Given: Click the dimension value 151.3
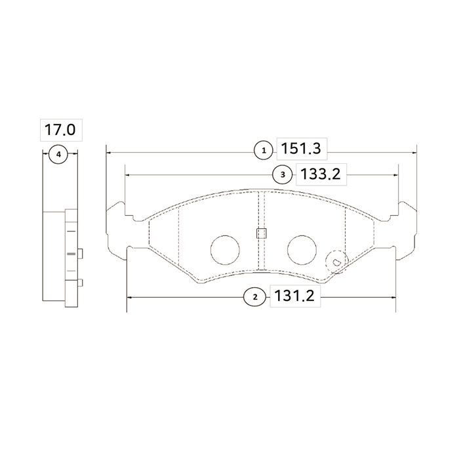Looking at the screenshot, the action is pyautogui.click(x=301, y=149).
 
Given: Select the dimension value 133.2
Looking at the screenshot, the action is pyautogui.click(x=321, y=174).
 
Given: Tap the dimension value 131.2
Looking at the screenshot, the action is pyautogui.click(x=294, y=296).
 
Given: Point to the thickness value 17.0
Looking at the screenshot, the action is pyautogui.click(x=60, y=130).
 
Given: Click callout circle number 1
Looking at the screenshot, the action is pyautogui.click(x=264, y=150).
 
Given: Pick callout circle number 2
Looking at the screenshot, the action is pyautogui.click(x=255, y=297).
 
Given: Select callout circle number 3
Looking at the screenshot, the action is pyautogui.click(x=283, y=175).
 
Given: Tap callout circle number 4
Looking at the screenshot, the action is pyautogui.click(x=58, y=154).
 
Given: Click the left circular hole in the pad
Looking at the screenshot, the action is pyautogui.click(x=225, y=250).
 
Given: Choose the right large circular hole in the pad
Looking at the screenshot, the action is pyautogui.click(x=302, y=250).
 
